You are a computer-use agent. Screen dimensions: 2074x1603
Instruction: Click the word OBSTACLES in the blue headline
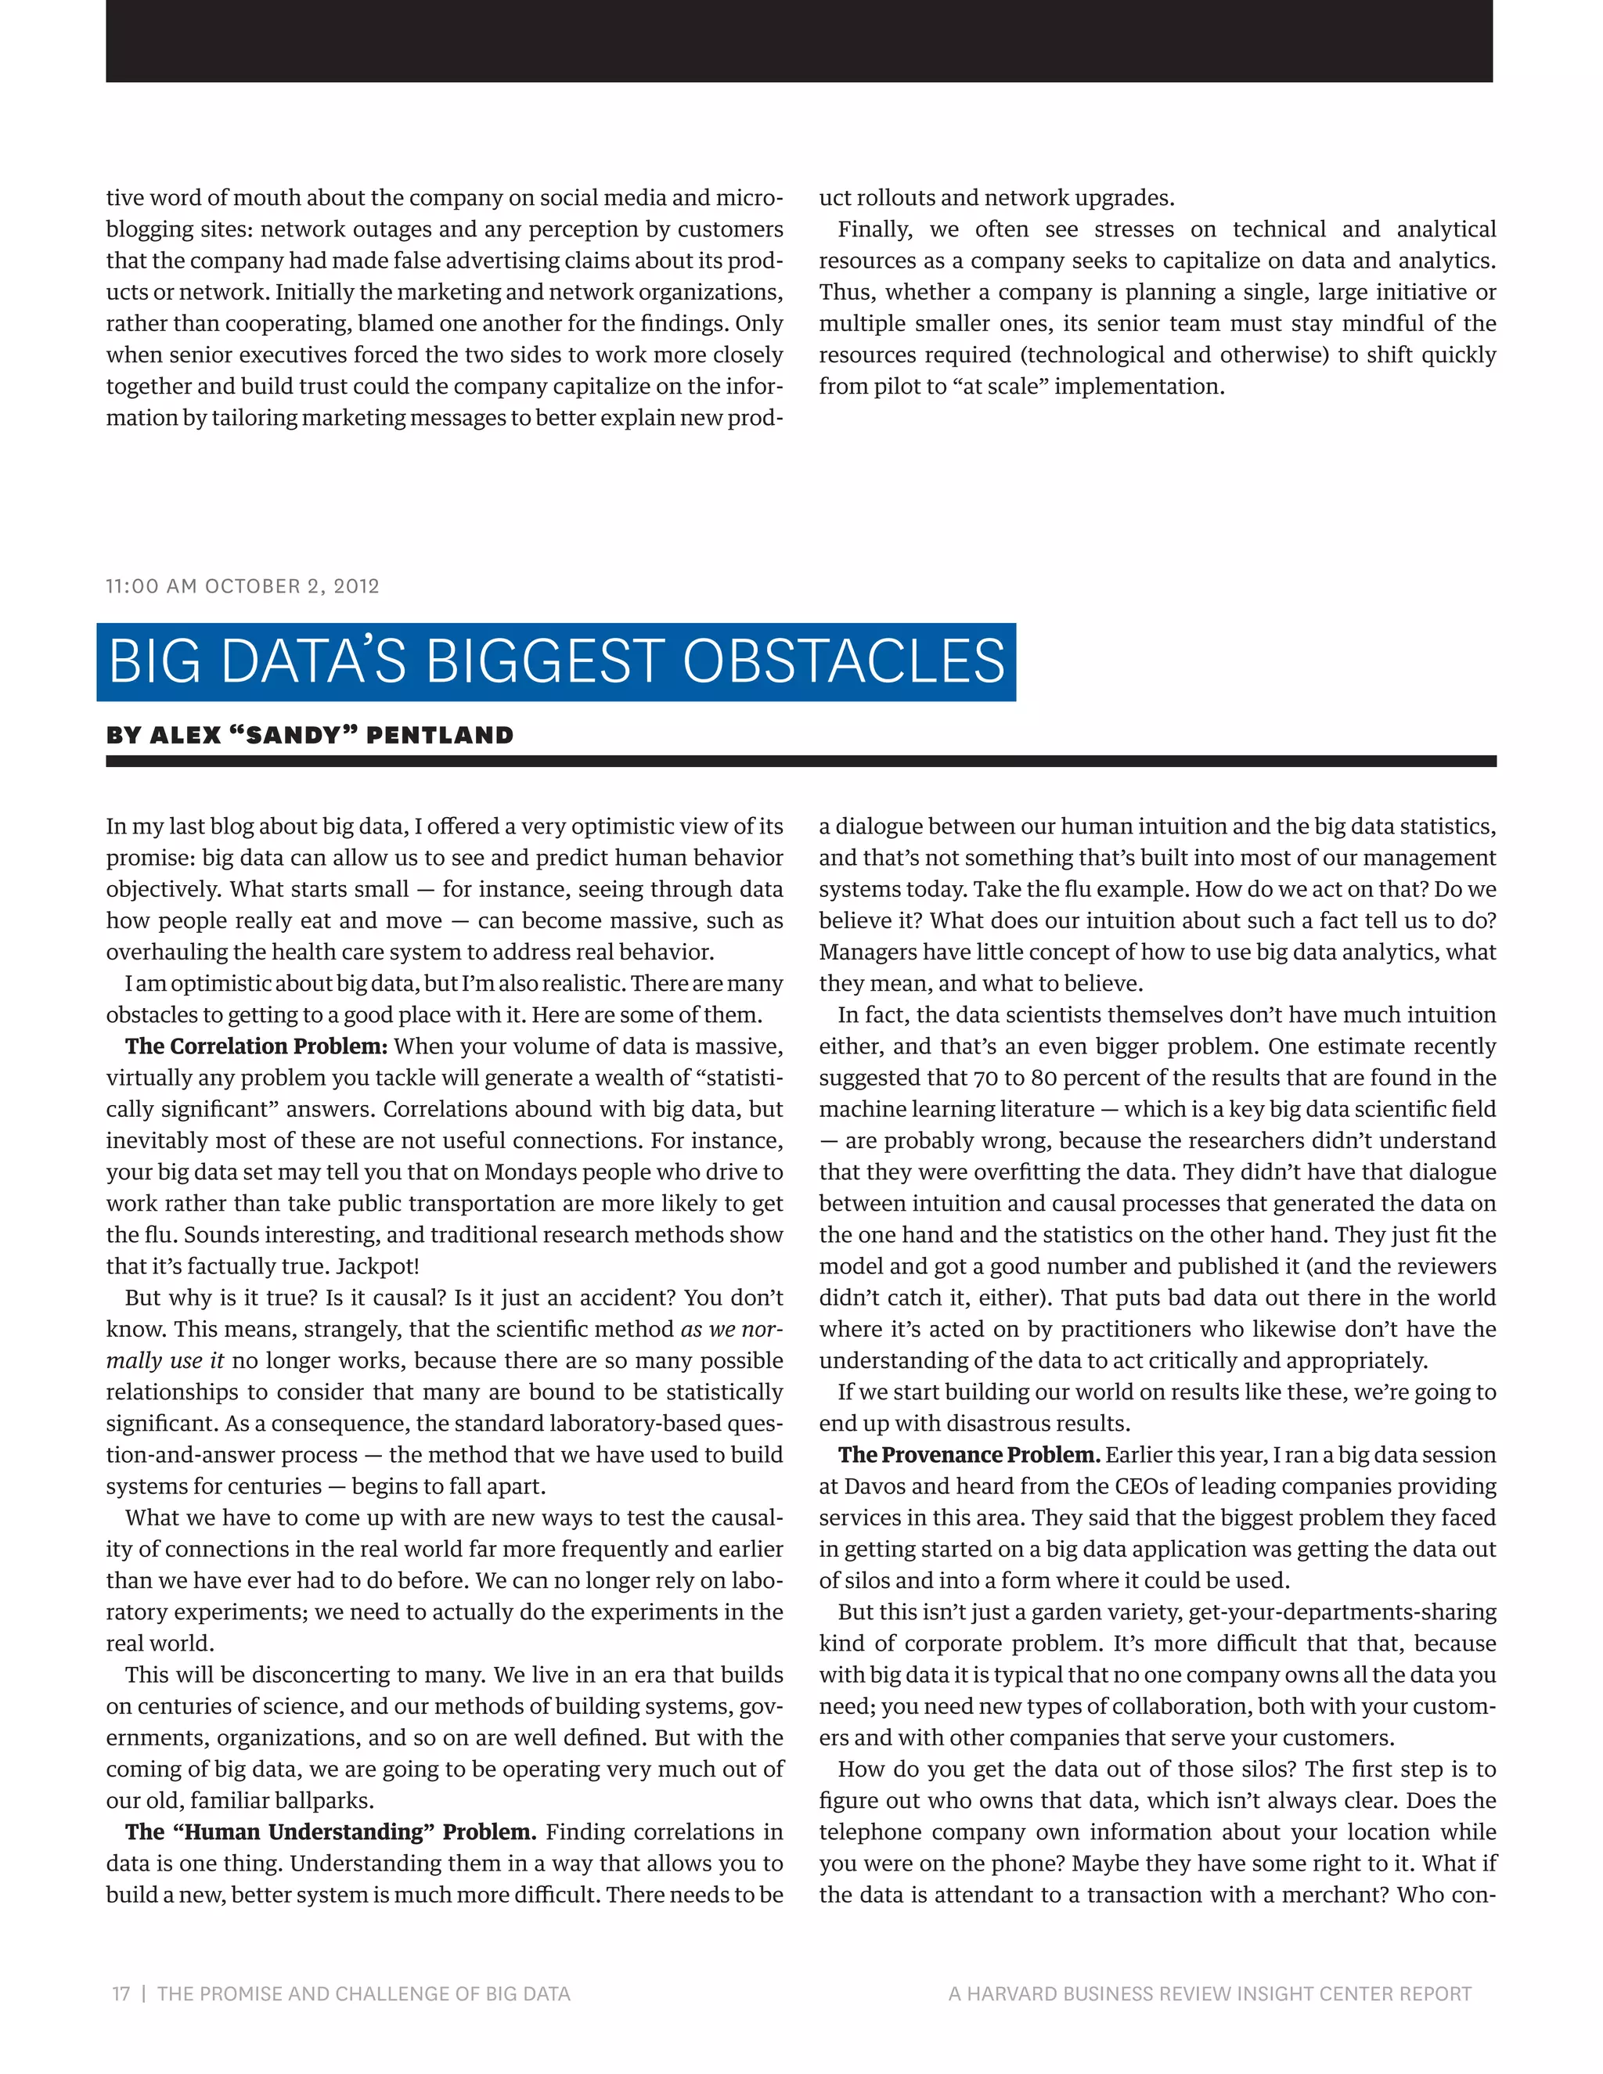(x=843, y=662)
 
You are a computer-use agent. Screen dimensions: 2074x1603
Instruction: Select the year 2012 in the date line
(x=356, y=586)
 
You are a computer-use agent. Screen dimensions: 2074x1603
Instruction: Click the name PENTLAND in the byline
(x=440, y=735)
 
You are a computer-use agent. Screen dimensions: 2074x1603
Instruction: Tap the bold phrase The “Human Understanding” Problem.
(x=330, y=1832)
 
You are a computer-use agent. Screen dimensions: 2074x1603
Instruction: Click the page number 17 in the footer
(x=121, y=1993)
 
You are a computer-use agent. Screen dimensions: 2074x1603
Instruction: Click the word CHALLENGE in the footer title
(x=388, y=1993)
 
